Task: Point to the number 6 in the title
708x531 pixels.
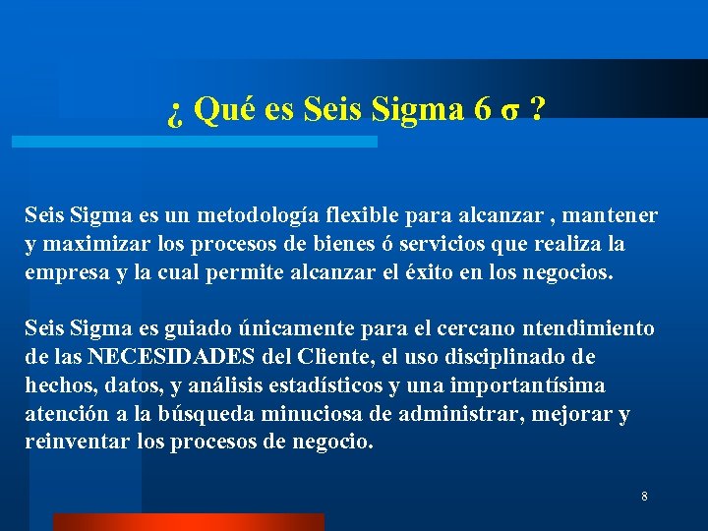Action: [482, 110]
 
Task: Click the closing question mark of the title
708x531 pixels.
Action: [536, 110]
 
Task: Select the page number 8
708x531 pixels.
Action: [644, 497]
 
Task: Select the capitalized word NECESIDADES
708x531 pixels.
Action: [193, 357]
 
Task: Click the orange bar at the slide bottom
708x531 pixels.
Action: [188, 522]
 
